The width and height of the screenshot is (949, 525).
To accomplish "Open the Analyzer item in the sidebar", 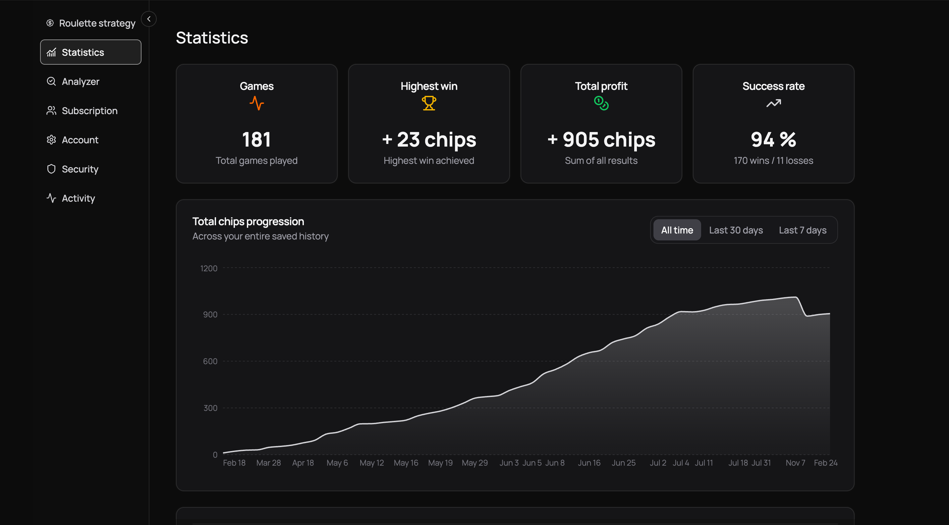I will click(x=80, y=82).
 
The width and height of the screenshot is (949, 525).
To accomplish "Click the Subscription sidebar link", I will click(x=89, y=110).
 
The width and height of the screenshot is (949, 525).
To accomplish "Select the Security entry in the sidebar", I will click(x=80, y=169).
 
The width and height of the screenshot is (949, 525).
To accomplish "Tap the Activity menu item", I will click(x=78, y=198).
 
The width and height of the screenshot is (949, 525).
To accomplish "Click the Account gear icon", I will click(x=51, y=140).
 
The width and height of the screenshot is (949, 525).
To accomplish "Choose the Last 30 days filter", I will click(x=736, y=230).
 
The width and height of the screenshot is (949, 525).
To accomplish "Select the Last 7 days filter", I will click(x=803, y=230).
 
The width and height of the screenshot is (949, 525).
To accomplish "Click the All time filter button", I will click(x=677, y=230).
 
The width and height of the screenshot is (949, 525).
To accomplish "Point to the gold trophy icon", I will click(x=429, y=103).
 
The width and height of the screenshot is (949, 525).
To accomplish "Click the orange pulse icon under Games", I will click(x=257, y=103).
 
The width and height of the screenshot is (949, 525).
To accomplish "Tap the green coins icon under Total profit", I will click(x=601, y=103).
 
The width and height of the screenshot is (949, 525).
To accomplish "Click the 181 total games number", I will click(x=256, y=140).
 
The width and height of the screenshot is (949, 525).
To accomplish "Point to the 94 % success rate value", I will click(x=773, y=140).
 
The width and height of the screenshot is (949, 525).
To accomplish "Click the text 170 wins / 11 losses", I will click(x=773, y=161).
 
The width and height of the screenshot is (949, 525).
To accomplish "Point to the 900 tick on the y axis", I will click(x=210, y=314).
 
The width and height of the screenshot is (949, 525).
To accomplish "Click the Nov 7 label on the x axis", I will click(x=795, y=463).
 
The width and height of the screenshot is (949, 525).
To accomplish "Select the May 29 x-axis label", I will click(x=474, y=463).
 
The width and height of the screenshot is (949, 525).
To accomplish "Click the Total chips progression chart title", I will click(x=248, y=222).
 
